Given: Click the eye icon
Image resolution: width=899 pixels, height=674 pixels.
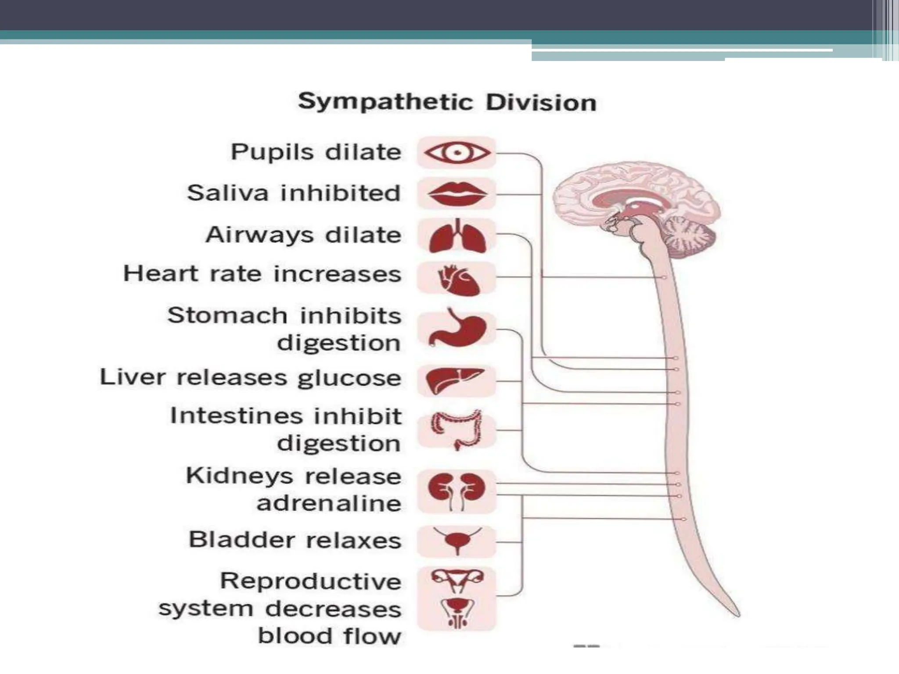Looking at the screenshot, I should pyautogui.click(x=457, y=153).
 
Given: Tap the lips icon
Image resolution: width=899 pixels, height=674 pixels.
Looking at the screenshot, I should pyautogui.click(x=457, y=194).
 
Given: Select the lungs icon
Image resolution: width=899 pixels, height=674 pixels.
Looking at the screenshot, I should pyautogui.click(x=457, y=237).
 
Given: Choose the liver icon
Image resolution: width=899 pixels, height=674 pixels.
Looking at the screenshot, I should pyautogui.click(x=455, y=380).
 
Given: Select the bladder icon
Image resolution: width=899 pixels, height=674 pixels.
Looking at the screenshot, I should pyautogui.click(x=457, y=540).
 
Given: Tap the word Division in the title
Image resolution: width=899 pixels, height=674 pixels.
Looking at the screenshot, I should pyautogui.click(x=541, y=103).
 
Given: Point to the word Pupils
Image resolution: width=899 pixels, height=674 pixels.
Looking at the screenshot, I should pyautogui.click(x=272, y=152).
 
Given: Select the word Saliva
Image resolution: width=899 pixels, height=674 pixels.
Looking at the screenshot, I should pyautogui.click(x=227, y=193).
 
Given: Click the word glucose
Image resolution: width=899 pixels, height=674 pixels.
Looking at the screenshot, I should pyautogui.click(x=349, y=378).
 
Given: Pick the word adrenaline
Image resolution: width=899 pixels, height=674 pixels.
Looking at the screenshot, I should pyautogui.click(x=329, y=503).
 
